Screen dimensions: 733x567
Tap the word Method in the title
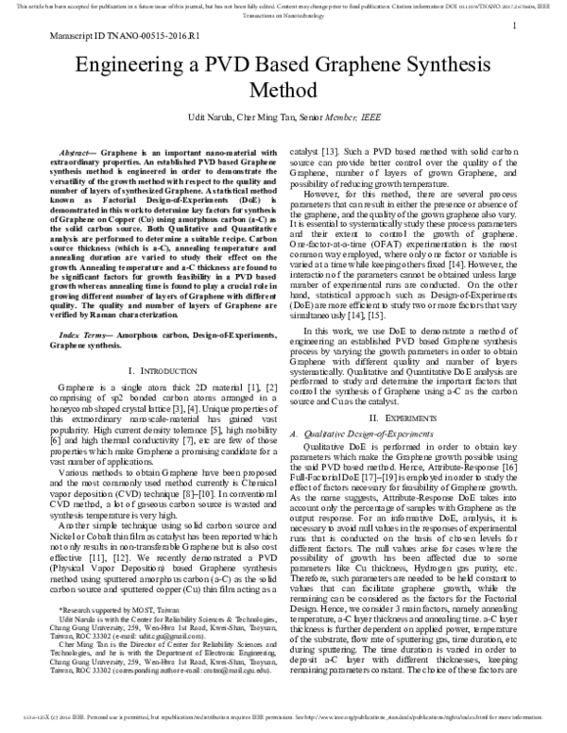point(283,93)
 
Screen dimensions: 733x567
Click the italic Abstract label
point(78,151)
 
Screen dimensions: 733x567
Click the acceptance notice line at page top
point(283,6)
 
